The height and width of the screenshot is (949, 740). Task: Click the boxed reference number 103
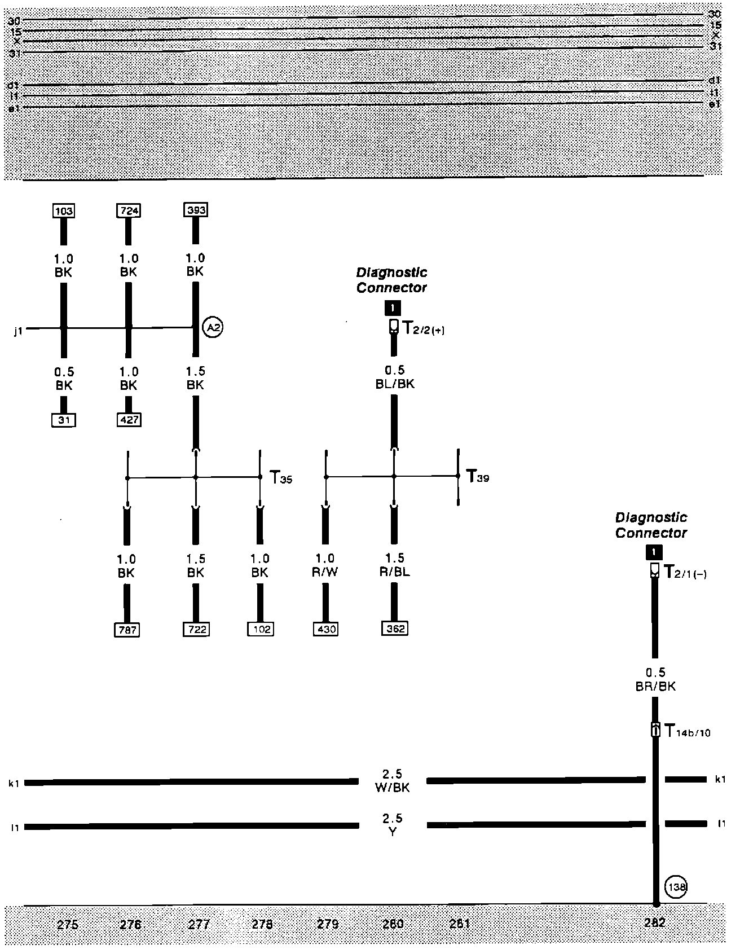(64, 211)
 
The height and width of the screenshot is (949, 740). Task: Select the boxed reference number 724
(129, 211)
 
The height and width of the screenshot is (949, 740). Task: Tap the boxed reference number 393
(196, 210)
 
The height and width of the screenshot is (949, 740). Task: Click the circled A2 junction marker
(213, 327)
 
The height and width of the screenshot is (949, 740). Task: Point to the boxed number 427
(129, 420)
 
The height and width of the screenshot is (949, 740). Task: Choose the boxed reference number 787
(126, 630)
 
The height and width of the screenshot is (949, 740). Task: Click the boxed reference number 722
(196, 629)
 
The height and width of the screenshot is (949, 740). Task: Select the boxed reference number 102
(260, 629)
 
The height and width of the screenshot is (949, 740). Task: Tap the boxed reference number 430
(325, 629)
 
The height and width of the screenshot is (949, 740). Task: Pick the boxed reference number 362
(394, 629)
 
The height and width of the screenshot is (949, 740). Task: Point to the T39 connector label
(477, 477)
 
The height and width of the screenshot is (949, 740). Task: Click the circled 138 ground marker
(676, 888)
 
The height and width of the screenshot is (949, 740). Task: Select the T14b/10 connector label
(687, 732)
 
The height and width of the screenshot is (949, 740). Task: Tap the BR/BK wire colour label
(655, 687)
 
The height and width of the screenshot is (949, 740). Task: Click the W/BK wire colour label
(392, 788)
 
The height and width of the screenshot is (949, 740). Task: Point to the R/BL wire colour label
(394, 572)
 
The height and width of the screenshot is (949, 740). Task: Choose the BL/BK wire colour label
(394, 384)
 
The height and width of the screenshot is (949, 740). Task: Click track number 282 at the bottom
(655, 923)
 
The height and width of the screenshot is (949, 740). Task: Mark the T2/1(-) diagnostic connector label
(685, 573)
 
